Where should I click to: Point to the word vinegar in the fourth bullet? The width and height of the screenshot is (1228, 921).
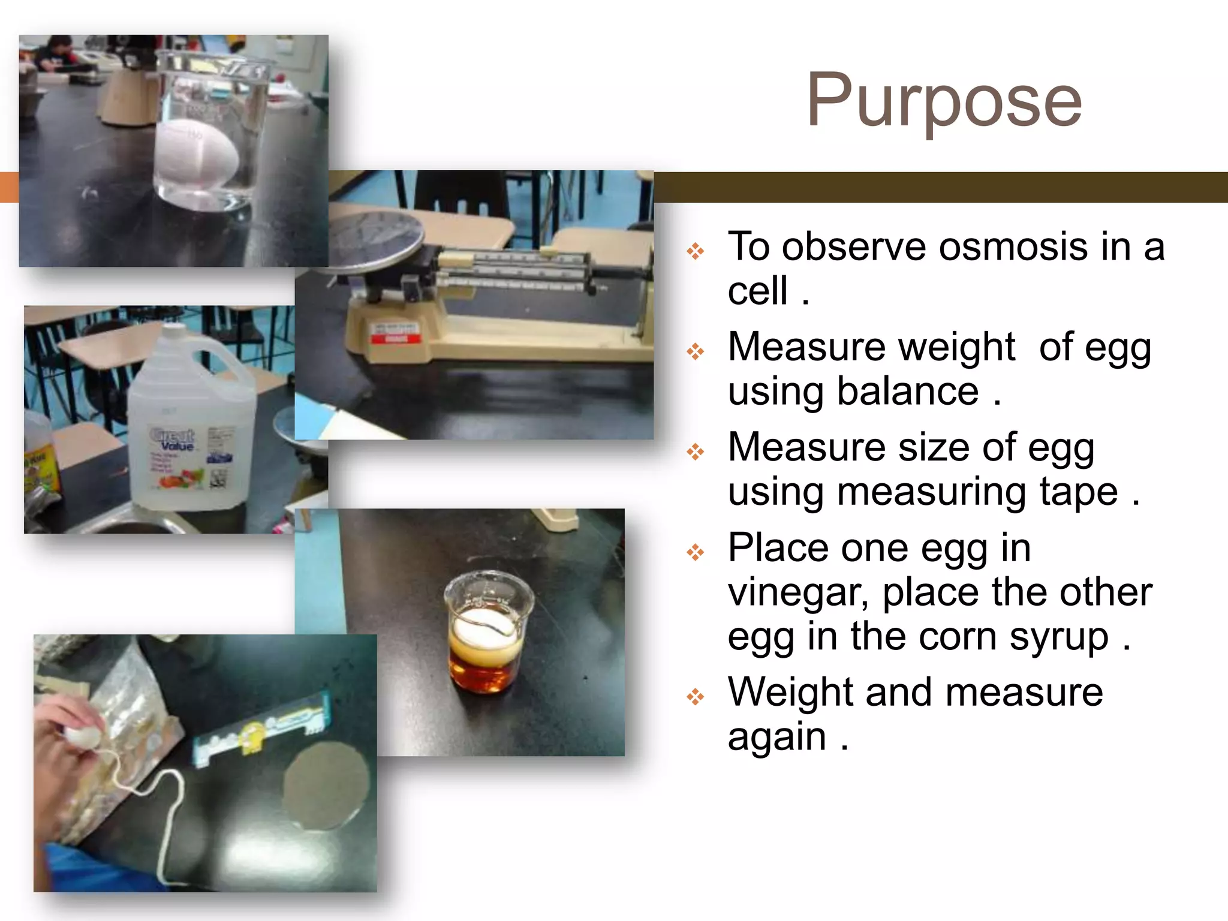point(798,593)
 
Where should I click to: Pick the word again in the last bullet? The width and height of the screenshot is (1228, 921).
point(776,737)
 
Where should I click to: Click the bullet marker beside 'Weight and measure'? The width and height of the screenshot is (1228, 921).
point(696,697)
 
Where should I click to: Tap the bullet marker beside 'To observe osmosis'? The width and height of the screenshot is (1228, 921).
point(696,251)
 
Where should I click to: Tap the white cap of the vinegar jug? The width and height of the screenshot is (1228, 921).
point(174,332)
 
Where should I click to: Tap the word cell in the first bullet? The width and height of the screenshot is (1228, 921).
point(757,292)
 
